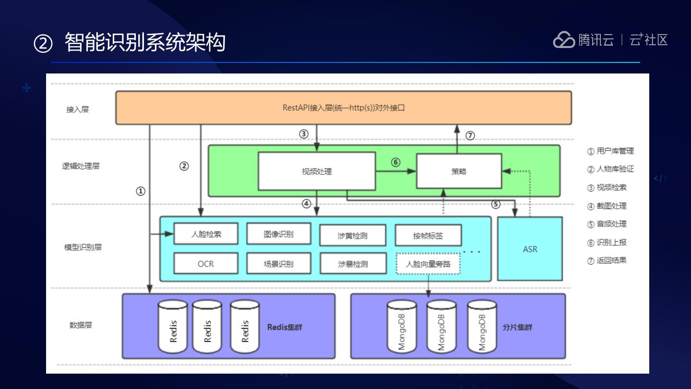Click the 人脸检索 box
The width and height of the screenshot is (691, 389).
coord(206,234)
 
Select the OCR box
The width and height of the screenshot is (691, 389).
coord(206,264)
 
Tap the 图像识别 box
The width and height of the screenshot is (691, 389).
coord(279,234)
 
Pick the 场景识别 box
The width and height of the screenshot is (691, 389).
coord(279,264)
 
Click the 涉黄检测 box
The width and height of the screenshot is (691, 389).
coord(353,235)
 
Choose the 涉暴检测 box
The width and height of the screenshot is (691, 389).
coord(353,264)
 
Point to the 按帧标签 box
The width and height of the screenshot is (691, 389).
coord(428,235)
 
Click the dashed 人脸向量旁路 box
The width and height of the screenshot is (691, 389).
coord(428,264)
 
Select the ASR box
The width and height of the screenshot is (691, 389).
coord(530,249)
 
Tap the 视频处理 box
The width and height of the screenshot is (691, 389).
coord(317,171)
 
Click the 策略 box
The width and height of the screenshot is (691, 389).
coord(459,171)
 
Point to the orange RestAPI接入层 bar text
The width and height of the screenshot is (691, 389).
coord(344,108)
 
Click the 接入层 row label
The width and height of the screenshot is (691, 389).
coord(77,109)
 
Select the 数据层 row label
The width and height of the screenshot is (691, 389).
coord(81,325)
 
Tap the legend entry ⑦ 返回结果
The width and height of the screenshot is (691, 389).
coord(608,261)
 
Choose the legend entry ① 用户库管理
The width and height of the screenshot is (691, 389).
coord(610,151)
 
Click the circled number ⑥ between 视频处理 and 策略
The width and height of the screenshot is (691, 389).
coord(395,162)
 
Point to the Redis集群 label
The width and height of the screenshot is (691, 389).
coord(285,328)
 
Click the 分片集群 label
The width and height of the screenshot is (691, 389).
coord(517,328)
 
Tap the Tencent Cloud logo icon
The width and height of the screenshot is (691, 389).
coord(564,40)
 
